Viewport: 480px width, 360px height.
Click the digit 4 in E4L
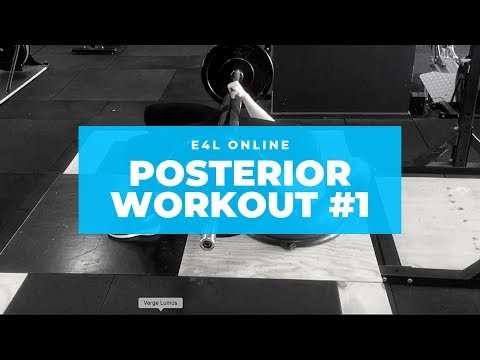202,140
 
